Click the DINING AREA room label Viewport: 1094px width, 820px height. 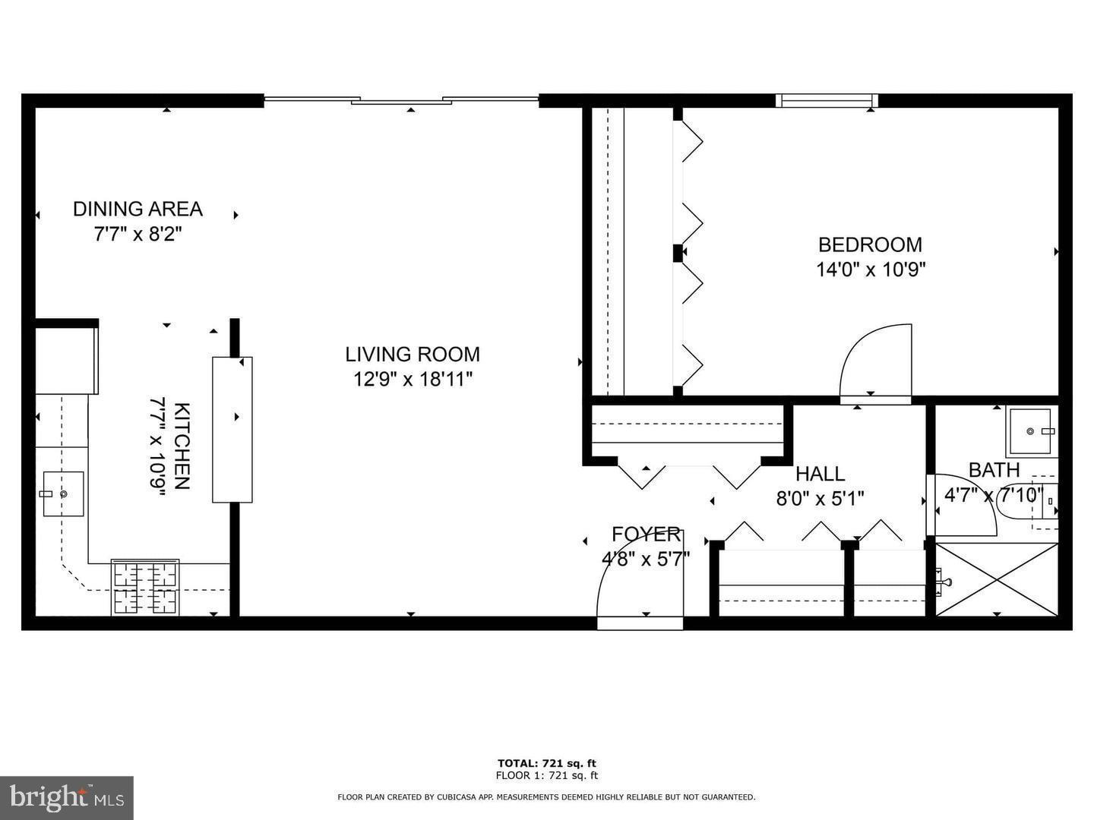click(x=138, y=209)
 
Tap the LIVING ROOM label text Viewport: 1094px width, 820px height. click(x=413, y=355)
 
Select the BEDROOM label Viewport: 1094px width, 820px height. click(x=870, y=244)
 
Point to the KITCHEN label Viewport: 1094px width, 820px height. click(x=182, y=446)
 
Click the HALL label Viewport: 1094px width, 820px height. click(x=820, y=474)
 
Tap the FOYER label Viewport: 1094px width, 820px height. click(x=646, y=535)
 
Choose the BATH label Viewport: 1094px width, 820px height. click(x=994, y=470)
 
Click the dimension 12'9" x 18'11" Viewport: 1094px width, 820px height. click(x=413, y=379)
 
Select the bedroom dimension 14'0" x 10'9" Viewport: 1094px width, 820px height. click(x=870, y=270)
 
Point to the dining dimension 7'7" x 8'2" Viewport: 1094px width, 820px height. click(x=138, y=233)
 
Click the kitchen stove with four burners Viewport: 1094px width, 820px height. click(x=145, y=587)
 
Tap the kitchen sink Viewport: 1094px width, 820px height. click(x=63, y=494)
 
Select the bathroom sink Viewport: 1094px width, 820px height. click(x=1031, y=431)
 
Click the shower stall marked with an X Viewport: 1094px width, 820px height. click(x=996, y=579)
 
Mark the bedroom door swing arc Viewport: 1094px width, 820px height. click(x=874, y=361)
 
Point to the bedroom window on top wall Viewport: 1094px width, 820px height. click(x=827, y=100)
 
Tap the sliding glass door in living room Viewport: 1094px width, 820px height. click(x=401, y=99)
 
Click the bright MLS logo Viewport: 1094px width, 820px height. click(x=67, y=797)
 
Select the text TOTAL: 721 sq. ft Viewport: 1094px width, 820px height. click(x=546, y=763)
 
